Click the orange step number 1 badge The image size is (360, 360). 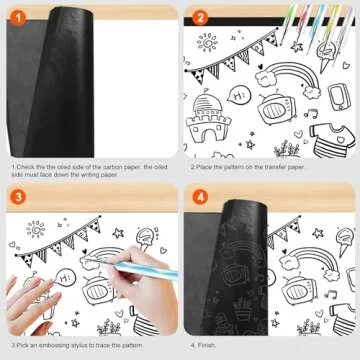[17, 17]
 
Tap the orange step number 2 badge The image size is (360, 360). [200, 17]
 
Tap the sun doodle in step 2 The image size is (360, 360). [207, 43]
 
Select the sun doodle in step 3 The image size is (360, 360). [35, 229]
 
